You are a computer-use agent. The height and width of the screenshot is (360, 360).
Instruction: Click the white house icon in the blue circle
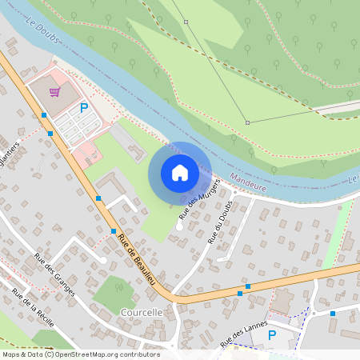pyautogui.click(x=180, y=173)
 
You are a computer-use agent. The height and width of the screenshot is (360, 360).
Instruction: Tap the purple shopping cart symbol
pyautogui.click(x=54, y=91)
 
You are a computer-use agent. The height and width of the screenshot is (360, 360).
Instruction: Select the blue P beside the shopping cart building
pyautogui.click(x=83, y=107)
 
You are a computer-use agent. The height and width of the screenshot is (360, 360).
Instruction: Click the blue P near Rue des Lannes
pyautogui.click(x=271, y=334)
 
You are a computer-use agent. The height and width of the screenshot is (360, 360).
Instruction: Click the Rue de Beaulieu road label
pyautogui.click(x=139, y=262)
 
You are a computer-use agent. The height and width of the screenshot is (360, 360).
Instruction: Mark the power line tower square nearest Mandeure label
pyautogui.click(x=247, y=122)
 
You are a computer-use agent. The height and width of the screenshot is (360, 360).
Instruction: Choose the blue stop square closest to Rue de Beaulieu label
pyautogui.click(x=114, y=231)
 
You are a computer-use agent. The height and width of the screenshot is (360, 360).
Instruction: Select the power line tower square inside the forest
pyautogui.click(x=186, y=22)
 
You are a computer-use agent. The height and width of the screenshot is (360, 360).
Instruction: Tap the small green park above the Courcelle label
pyautogui.click(x=114, y=291)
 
